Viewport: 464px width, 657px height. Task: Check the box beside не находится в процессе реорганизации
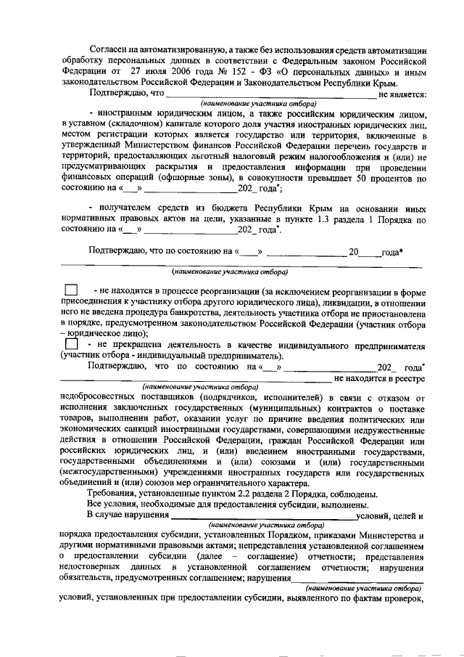click(71, 291)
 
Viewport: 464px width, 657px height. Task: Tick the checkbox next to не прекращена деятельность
click(71, 343)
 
